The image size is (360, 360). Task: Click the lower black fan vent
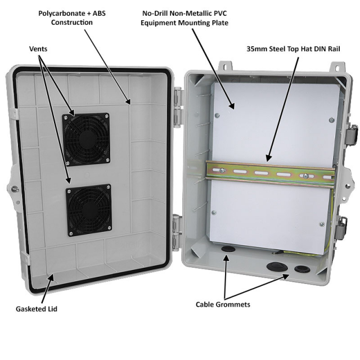point(88,210)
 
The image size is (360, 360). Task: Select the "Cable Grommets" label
point(223,304)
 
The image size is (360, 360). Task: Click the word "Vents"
point(38,49)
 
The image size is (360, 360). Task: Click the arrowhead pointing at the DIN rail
point(269,157)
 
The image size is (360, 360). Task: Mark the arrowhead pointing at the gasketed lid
point(52,276)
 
